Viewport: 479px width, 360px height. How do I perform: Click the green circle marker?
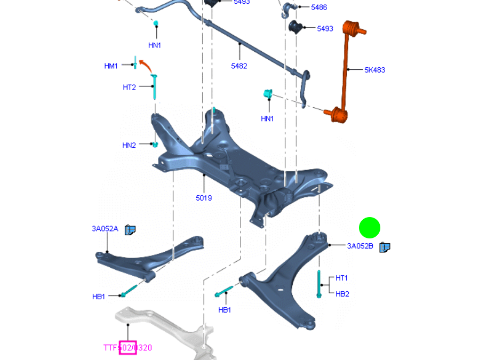click(369, 228)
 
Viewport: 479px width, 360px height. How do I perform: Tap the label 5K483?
click(374, 70)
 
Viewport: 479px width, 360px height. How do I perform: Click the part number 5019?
click(203, 198)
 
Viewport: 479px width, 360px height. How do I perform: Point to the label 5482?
click(239, 66)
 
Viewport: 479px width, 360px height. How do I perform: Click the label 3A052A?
click(105, 229)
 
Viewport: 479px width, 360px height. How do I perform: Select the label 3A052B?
click(360, 246)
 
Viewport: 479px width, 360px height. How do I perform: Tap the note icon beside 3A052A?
click(130, 230)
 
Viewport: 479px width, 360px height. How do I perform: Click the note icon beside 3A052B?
click(385, 247)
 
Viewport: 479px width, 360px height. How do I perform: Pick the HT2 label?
click(129, 87)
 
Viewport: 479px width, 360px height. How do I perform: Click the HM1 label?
click(111, 66)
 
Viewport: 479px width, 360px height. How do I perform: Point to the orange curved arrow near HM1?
click(145, 66)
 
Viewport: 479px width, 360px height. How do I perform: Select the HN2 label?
click(129, 145)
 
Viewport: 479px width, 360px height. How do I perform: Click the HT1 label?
click(341, 278)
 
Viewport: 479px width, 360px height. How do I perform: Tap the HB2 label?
click(342, 294)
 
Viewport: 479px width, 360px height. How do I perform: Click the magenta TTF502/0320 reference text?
click(127, 348)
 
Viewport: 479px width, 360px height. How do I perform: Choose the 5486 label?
click(319, 7)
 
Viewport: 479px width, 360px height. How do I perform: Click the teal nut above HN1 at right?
click(268, 94)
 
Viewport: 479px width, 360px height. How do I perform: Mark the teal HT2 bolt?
click(154, 87)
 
